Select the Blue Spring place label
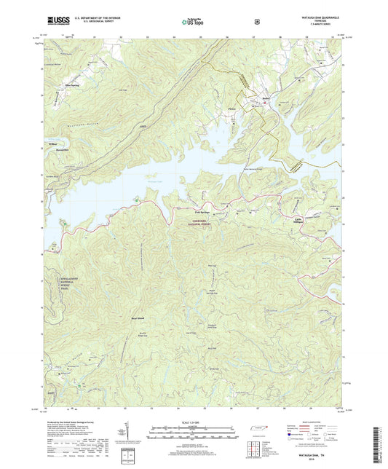(72, 85)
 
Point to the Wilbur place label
(52, 143)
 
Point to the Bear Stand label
(138, 318)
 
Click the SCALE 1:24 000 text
(193, 423)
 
